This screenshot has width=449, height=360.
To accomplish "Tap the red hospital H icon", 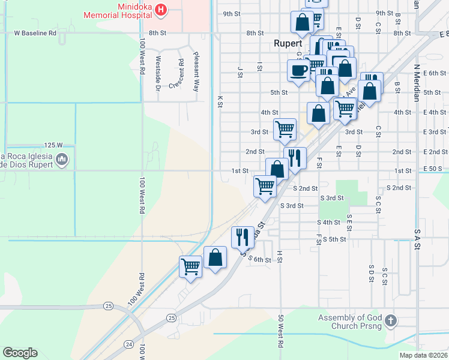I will click(160, 9).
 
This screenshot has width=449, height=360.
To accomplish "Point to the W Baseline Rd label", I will click(35, 33).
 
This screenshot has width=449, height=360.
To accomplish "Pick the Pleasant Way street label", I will click(196, 71).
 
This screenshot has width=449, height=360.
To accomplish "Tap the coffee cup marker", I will click(298, 71).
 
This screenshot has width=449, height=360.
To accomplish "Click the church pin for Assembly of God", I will click(391, 320).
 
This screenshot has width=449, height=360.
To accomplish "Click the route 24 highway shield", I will click(128, 344).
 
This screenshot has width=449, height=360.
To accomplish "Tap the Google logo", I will click(20, 353).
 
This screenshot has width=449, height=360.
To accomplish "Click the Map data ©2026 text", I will click(423, 355).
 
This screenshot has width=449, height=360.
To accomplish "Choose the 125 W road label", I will click(53, 145).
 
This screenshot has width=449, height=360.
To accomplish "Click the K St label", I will click(220, 101).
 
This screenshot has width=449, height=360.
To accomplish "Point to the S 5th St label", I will click(334, 239).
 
